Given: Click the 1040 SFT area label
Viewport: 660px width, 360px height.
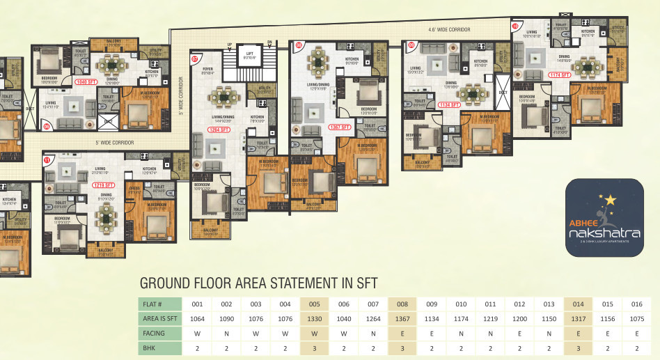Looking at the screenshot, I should pos(86,81).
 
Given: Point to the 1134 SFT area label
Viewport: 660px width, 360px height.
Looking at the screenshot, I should pos(450,104).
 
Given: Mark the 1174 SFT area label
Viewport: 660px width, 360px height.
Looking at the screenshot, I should pos(559,75).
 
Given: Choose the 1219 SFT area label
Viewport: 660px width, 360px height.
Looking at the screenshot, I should pos(104,185).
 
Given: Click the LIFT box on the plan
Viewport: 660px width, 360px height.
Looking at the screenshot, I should pos(248,55).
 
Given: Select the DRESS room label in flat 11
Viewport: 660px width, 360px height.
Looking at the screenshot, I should pos(134,188).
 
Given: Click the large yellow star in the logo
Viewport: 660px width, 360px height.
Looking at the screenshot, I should pos(611,201).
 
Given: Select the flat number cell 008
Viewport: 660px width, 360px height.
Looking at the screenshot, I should pos(402,304).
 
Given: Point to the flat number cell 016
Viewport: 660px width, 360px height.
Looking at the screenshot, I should pos(637,304).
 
